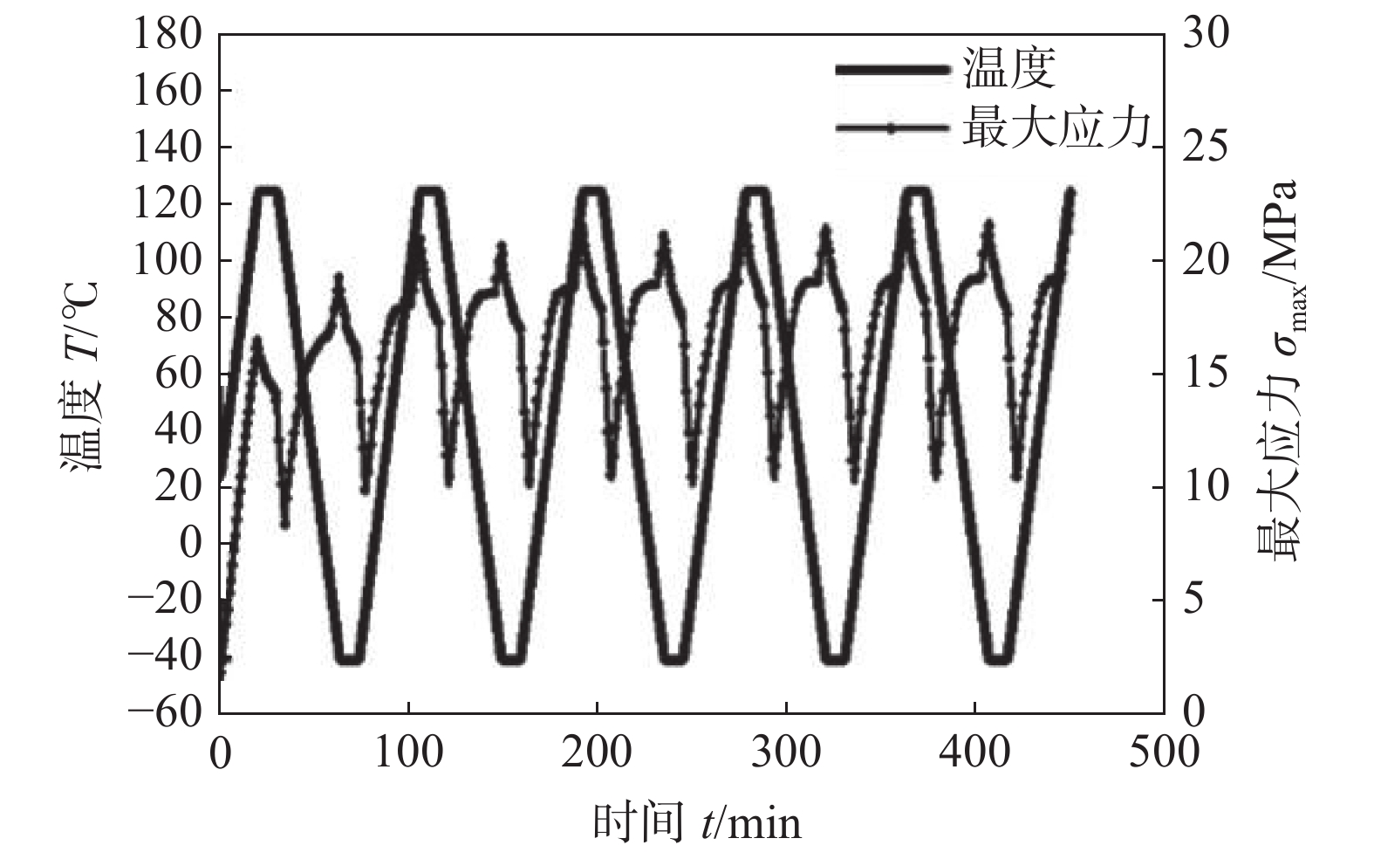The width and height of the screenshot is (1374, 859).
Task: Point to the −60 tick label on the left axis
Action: [166, 712]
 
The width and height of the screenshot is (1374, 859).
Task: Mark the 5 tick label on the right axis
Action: [1195, 600]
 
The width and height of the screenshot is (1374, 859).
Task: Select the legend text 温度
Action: [1009, 68]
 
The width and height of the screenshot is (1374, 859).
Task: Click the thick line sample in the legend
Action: [892, 69]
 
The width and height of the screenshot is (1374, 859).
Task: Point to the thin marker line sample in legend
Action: [892, 128]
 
